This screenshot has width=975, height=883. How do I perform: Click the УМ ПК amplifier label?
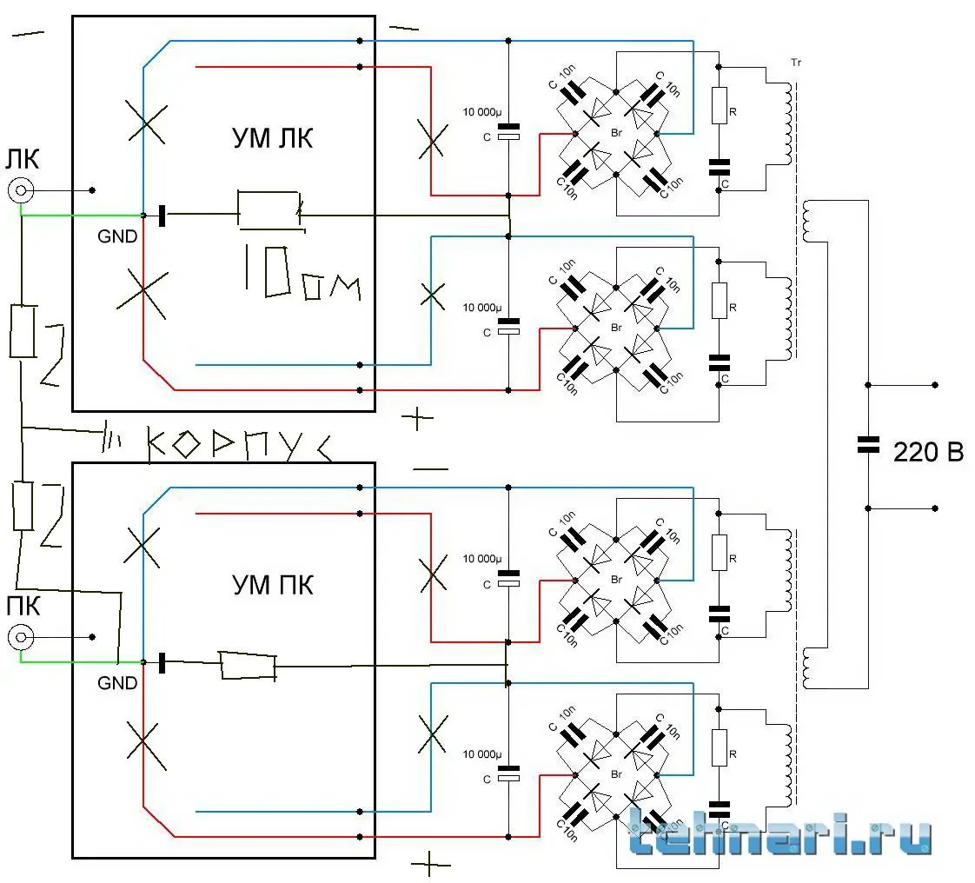(273, 584)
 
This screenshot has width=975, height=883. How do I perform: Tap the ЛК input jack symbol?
(21, 191)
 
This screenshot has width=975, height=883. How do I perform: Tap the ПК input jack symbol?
(21, 638)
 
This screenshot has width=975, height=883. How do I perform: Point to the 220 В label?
(928, 452)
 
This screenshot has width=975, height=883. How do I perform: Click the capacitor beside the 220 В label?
(867, 445)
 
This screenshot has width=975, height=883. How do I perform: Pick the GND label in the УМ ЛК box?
(117, 236)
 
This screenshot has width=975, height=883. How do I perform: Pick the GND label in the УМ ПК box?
(117, 683)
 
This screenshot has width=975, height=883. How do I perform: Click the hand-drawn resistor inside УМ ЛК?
(269, 209)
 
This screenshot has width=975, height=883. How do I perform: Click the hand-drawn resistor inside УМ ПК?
(248, 666)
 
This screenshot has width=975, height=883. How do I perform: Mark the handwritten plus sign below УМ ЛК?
(419, 418)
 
